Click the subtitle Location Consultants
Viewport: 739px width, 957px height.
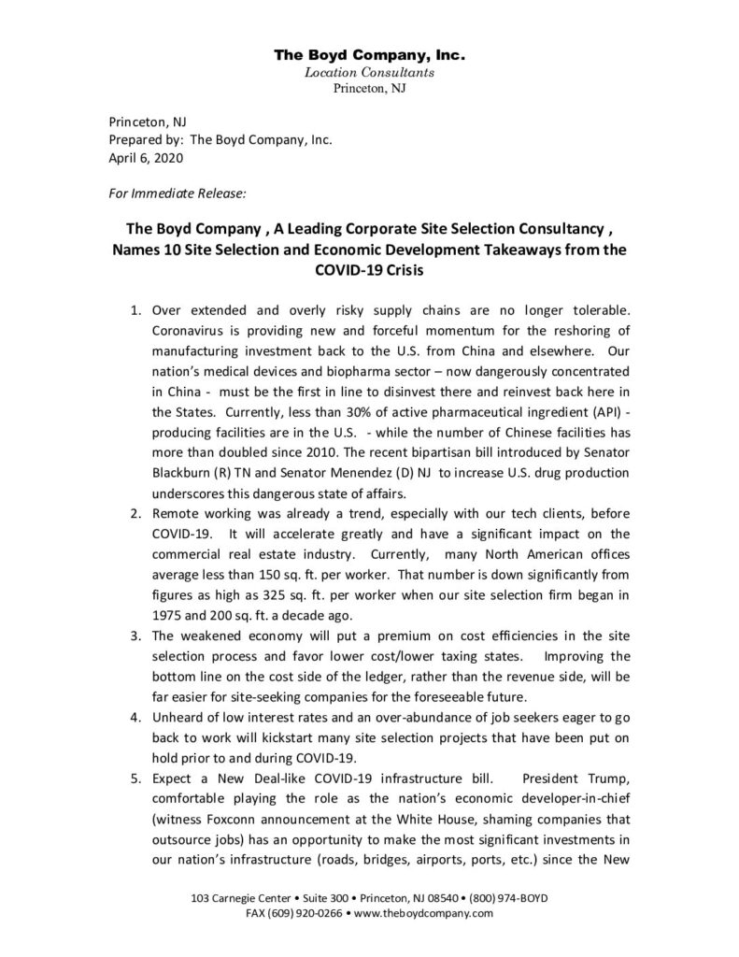click(x=369, y=72)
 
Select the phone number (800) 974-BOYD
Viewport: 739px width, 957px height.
click(x=503, y=898)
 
